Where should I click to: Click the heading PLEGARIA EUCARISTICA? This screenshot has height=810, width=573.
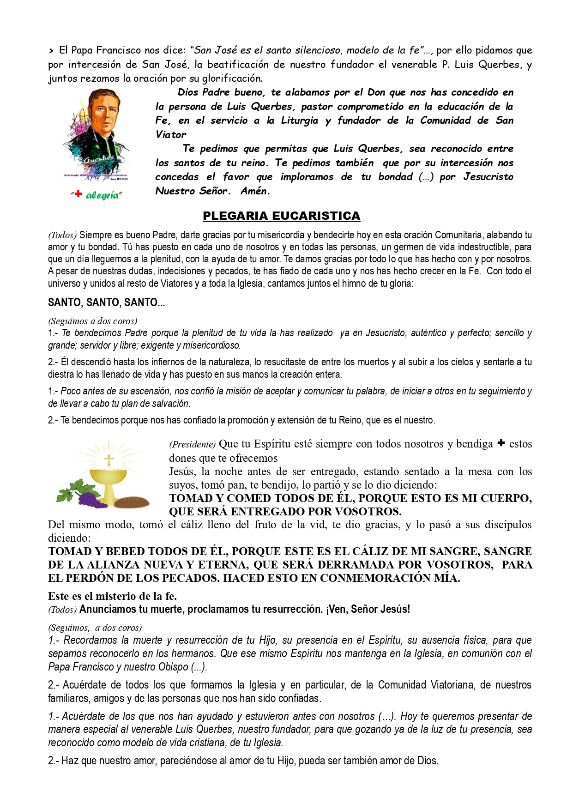click(281, 216)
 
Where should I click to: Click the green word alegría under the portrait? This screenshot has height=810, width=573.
click(103, 195)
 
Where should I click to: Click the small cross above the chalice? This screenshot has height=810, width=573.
click(109, 459)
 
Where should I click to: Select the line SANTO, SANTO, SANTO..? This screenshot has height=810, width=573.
click(106, 302)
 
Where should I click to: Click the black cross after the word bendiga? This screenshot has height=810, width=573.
click(501, 443)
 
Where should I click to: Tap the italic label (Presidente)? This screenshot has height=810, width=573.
click(192, 444)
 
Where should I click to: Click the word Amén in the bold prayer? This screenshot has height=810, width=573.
click(255, 191)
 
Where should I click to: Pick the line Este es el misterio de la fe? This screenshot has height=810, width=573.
click(112, 596)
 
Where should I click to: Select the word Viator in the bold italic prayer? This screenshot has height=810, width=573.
click(171, 134)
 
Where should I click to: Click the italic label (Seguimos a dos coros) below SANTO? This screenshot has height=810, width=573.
click(92, 321)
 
